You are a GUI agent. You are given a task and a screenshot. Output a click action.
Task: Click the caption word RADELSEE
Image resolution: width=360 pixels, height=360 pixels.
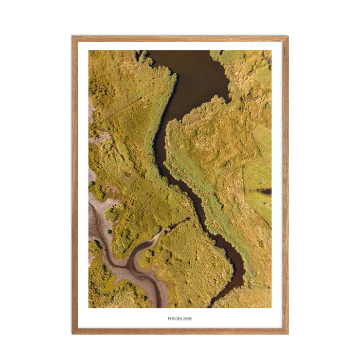pyautogui.click(x=180, y=318)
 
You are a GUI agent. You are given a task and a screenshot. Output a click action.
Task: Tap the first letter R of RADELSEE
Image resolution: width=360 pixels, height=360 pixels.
pyautogui.click(x=169, y=318)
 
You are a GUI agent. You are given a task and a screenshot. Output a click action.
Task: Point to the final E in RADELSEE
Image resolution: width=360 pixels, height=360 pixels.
pyautogui.click(x=191, y=318)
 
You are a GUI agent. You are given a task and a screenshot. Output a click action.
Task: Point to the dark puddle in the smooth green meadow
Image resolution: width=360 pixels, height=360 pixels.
pyautogui.click(x=265, y=191)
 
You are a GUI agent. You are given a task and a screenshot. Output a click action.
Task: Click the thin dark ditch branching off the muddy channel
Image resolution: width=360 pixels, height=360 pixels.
pyautogui.click(x=175, y=225)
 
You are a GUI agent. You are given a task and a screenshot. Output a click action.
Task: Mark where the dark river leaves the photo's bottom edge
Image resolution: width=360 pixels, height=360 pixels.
pyautogui.click(x=211, y=306)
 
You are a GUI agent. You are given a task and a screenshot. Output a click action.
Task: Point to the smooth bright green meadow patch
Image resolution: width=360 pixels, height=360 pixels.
pyautogui.click(x=257, y=175)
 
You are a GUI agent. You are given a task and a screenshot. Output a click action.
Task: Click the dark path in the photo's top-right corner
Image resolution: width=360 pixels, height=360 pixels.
pyautogui.click(x=267, y=60)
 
